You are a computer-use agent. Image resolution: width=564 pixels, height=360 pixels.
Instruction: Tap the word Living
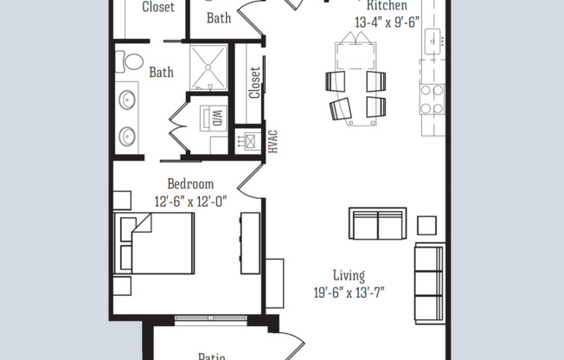coord(349,274)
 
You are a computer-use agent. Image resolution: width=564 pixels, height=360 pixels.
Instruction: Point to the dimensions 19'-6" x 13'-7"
coord(349,292)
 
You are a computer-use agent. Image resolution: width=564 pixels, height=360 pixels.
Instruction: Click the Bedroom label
coord(190,183)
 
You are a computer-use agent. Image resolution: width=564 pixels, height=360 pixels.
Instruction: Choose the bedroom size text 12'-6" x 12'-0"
coord(190,201)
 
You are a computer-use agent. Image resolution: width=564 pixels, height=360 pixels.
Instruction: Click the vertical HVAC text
coord(272,141)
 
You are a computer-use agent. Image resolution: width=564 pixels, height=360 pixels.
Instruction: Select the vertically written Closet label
coord(254,84)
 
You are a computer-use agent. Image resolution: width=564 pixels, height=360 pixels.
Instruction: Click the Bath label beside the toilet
coord(162,73)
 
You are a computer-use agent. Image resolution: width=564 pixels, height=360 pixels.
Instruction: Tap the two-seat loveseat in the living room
coord(377,224)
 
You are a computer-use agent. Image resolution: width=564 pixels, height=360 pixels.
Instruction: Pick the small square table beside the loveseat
coord(426,225)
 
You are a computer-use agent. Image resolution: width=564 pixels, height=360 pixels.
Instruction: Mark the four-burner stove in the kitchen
coord(431,99)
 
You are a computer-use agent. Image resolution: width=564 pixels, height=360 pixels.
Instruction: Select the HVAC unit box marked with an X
coord(251,139)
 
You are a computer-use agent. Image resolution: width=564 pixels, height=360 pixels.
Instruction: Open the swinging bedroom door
coord(251,177)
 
